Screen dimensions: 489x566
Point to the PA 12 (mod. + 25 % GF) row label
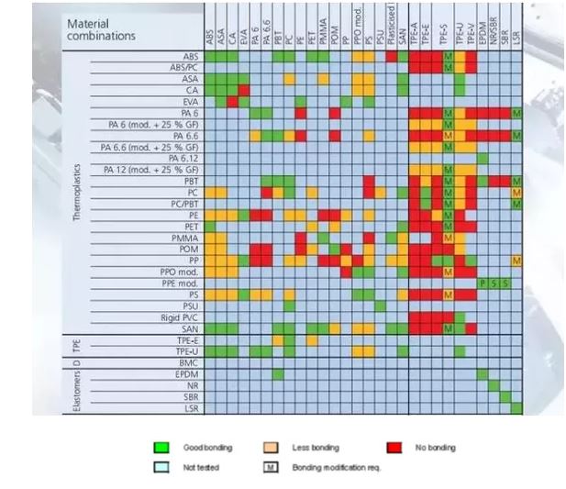[x=151, y=170]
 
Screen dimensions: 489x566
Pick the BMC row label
[x=189, y=362]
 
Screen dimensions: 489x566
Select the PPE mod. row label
[x=180, y=283]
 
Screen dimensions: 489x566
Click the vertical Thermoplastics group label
[x=77, y=193]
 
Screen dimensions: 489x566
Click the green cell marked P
[x=483, y=283]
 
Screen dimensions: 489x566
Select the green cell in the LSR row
[x=516, y=407]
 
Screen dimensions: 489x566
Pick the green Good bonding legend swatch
[x=161, y=448]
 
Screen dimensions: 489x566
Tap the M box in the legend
[x=272, y=467]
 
